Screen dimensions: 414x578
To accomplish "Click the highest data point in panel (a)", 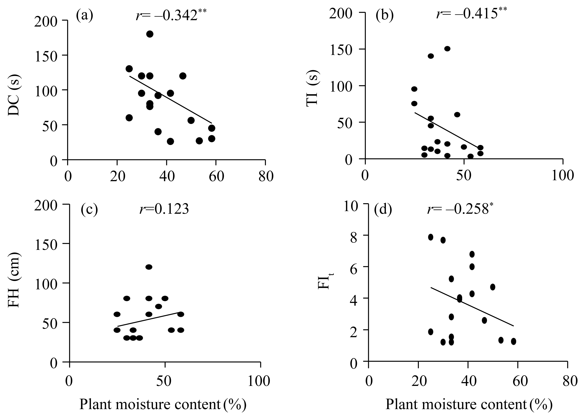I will [150, 34].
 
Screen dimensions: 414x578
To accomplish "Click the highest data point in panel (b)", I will [447, 49].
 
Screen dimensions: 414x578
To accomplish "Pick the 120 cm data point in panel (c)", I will [149, 267].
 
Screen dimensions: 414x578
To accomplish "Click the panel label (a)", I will [85, 16].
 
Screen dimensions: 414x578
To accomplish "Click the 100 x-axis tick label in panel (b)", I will [563, 176].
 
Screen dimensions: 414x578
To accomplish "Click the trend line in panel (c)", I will [149, 319].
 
